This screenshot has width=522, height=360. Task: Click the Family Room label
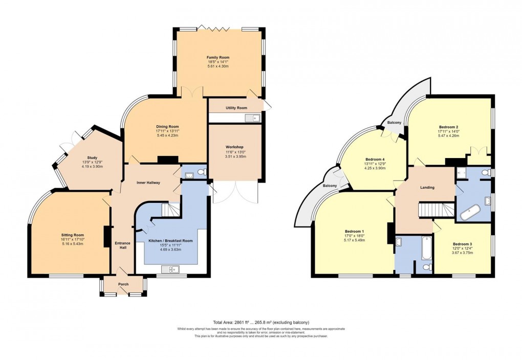coord(217,58)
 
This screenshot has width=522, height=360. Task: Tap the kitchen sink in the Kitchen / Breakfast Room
coord(169,269)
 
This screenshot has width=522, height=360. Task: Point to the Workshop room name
coord(235,147)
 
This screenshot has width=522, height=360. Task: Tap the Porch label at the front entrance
coord(123,284)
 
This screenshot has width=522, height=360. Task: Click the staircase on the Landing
coord(436,210)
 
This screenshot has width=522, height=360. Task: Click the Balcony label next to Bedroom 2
coord(394,123)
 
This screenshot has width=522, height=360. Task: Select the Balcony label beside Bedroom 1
coord(330,186)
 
